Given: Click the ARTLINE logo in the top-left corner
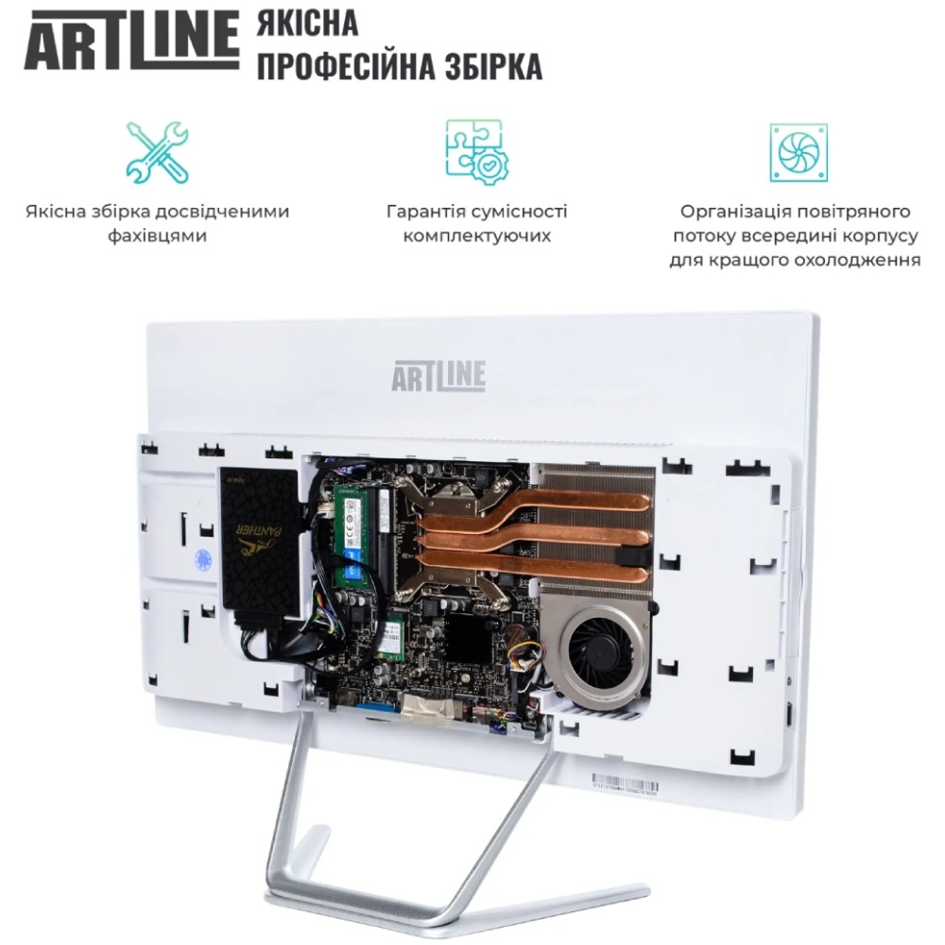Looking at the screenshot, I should click(x=131, y=43).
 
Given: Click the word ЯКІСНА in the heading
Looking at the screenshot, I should click(x=307, y=23).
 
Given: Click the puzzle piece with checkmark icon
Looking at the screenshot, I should click(x=476, y=150).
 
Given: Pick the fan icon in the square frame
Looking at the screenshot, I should click(x=798, y=151).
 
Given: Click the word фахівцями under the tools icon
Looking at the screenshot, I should click(x=157, y=235).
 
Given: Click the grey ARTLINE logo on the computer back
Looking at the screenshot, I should click(x=438, y=376).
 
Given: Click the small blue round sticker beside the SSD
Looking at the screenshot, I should click(x=200, y=557).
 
